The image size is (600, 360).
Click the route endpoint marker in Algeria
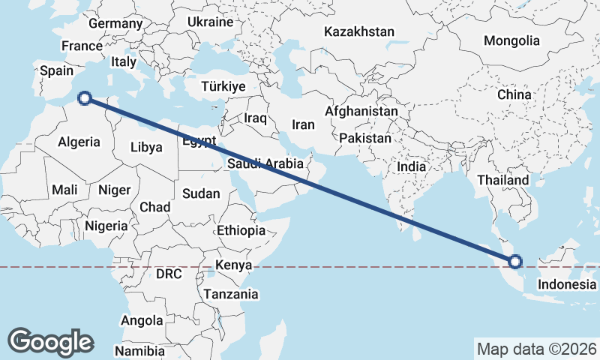click(x=85, y=97)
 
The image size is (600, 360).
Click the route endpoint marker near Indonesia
click(x=515, y=262)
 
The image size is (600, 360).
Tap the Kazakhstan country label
click(x=359, y=32)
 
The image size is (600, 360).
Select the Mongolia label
click(x=511, y=40)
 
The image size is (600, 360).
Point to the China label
click(x=514, y=95)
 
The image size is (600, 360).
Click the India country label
click(x=412, y=167)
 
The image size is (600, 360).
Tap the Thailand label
click(x=503, y=181)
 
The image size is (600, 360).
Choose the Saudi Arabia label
click(x=265, y=163)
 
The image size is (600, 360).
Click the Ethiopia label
click(x=241, y=230)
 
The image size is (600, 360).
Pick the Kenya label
click(x=233, y=265)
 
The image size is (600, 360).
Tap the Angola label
click(x=142, y=320)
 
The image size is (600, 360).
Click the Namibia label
click(x=140, y=350)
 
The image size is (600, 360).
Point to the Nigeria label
click(x=106, y=226)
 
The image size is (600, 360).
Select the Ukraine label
click(x=210, y=22)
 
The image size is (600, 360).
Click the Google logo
click(x=50, y=342)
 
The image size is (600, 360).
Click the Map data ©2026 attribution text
click(x=537, y=349)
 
